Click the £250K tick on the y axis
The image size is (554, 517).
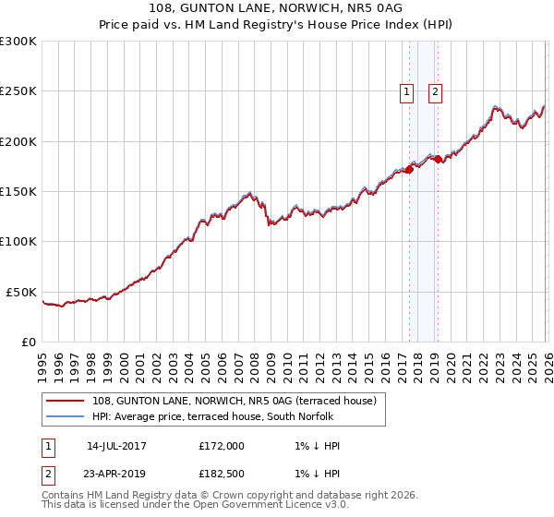18,91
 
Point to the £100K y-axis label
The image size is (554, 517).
18,241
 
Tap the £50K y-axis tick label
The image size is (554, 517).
22,292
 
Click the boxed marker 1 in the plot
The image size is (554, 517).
406,90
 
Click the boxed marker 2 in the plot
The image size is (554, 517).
435,90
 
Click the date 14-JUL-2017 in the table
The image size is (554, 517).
116,446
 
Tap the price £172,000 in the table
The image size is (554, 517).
222,446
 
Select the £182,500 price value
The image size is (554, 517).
222,474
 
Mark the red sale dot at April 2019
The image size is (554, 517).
438,158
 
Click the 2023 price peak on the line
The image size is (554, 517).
495,107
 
